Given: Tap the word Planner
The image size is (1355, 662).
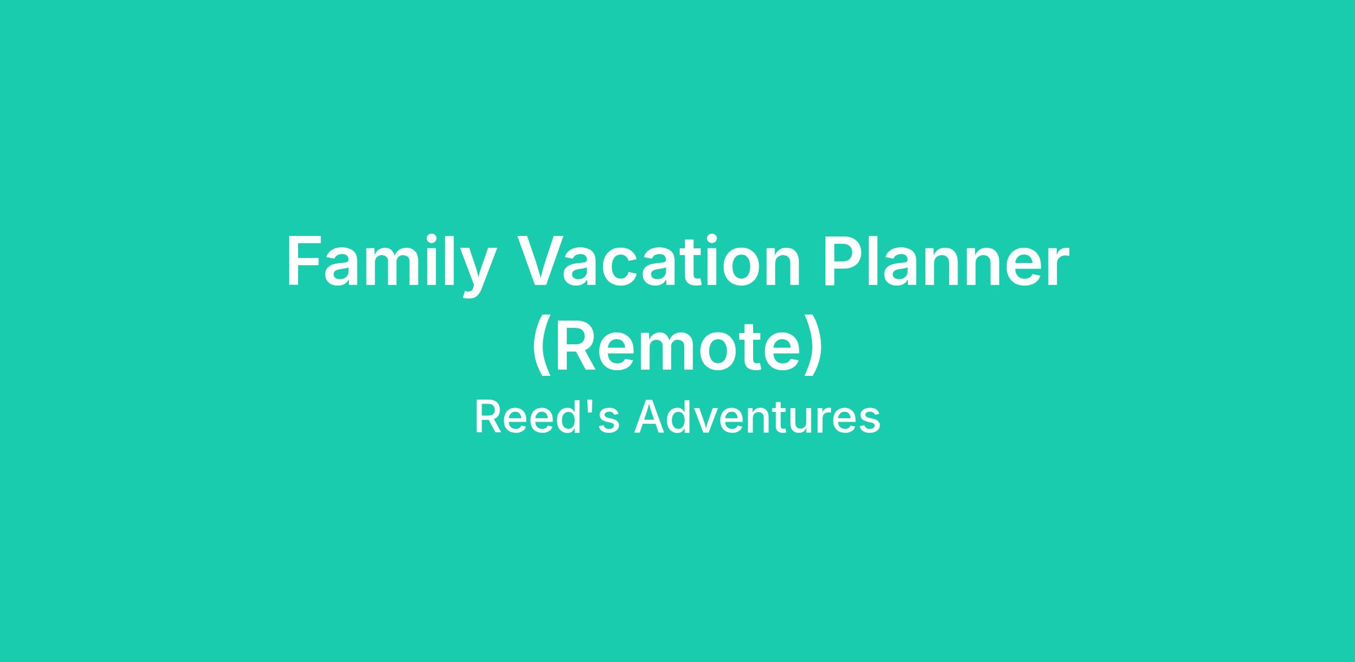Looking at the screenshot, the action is click(946, 261).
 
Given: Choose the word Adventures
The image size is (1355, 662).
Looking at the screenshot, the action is click(757, 417).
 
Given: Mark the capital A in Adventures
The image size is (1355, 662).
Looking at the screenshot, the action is click(649, 417).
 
